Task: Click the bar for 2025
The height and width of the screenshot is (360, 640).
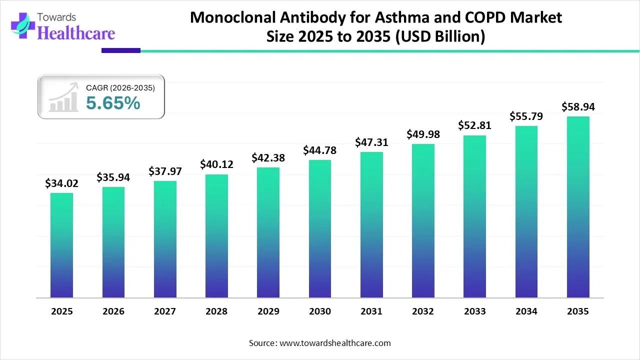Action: click(x=61, y=245)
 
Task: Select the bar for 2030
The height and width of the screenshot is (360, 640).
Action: click(x=319, y=228)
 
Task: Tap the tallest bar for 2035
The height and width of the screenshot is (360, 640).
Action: click(x=578, y=207)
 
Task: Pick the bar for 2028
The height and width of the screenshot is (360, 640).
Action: click(x=216, y=236)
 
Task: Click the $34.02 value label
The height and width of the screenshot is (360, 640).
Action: click(x=61, y=183)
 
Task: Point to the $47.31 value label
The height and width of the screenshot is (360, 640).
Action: click(x=371, y=142)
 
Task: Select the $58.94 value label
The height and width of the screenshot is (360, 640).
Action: click(x=578, y=106)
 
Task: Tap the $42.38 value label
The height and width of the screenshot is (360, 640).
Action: click(x=268, y=157)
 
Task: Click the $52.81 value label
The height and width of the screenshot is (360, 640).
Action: click(x=474, y=125)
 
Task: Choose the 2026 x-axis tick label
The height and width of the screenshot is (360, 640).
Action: click(x=113, y=311)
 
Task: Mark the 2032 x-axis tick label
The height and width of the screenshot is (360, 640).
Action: click(x=423, y=311)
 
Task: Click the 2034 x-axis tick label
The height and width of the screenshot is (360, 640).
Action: click(x=526, y=311)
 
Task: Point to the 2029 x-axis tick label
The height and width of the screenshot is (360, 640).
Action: click(x=268, y=311)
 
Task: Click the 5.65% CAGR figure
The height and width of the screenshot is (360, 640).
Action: click(x=113, y=103)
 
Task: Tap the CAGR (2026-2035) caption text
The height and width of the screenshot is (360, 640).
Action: click(x=120, y=87)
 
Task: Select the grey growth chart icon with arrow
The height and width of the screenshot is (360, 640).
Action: click(x=63, y=97)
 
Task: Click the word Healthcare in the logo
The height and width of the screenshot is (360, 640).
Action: click(x=76, y=33)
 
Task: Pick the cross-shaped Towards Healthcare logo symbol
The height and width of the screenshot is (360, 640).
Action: click(x=22, y=26)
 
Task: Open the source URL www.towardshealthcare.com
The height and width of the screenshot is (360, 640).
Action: click(x=334, y=343)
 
